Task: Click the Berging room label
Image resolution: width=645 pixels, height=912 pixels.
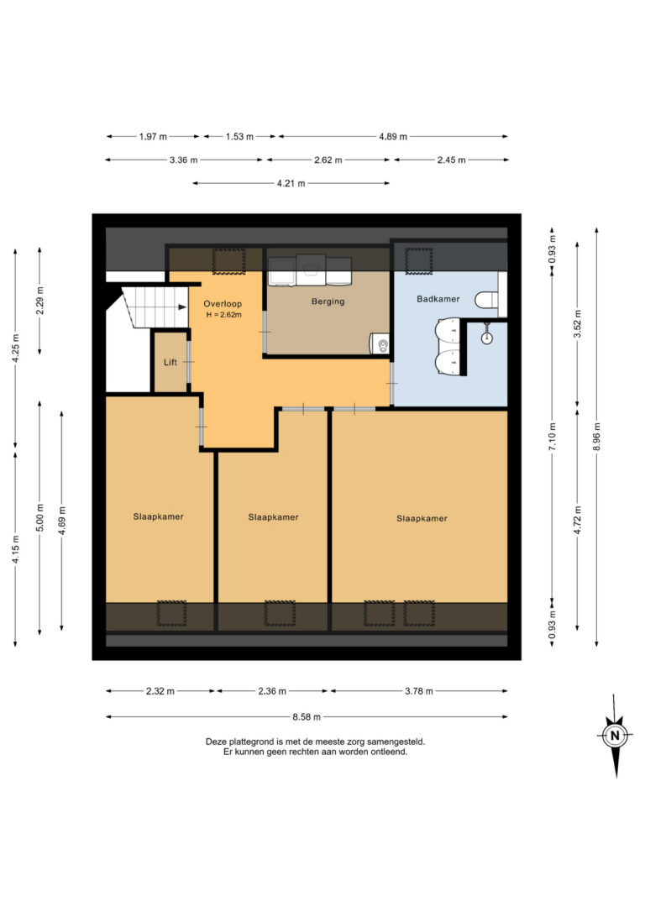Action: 328,301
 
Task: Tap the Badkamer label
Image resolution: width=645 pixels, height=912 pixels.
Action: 438,299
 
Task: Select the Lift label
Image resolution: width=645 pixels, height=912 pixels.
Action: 170,362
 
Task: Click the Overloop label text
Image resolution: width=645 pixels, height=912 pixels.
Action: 223,304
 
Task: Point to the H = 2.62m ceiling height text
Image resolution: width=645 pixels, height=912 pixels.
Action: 224,315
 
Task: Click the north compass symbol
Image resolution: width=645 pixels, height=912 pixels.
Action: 616,736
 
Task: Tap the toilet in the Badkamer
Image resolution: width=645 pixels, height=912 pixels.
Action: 486,300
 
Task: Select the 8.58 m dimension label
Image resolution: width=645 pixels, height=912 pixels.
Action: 307,717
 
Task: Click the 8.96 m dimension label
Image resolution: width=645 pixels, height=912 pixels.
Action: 597,437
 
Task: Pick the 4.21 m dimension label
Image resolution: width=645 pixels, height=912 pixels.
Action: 291,183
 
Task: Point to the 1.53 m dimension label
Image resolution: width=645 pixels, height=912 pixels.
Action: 239,137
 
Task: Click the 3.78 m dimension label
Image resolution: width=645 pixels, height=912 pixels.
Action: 419,692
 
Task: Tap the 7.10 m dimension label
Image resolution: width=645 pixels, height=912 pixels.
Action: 553,437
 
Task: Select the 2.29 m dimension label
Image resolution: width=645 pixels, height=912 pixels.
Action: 39,301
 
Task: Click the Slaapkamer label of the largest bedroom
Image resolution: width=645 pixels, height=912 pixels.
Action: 422,518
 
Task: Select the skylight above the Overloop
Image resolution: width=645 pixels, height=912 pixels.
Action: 228,260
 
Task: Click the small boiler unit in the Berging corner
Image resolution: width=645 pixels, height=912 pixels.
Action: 380,343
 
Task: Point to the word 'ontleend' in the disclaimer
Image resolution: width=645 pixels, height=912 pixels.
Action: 390,752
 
